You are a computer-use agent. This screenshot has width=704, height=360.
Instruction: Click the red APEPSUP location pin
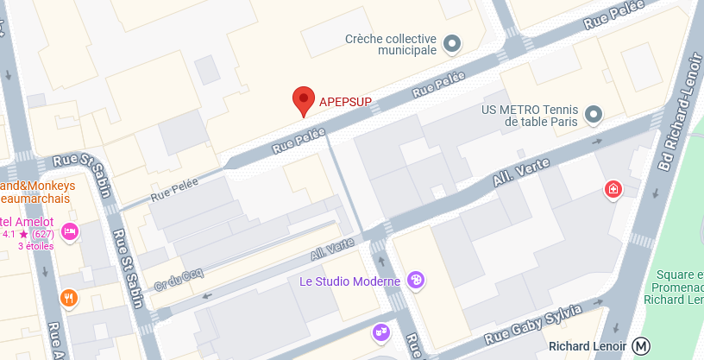click(x=303, y=100)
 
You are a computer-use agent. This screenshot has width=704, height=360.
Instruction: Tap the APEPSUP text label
click(x=346, y=102)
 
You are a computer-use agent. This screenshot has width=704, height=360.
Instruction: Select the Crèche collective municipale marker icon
click(x=451, y=43)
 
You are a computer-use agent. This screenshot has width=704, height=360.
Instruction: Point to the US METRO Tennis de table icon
click(x=593, y=114)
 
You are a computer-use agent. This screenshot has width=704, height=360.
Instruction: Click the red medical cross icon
click(x=613, y=188)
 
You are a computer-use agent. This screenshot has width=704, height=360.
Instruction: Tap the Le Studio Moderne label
click(x=349, y=281)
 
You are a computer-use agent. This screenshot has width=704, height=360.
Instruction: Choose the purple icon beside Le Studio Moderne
click(x=417, y=279)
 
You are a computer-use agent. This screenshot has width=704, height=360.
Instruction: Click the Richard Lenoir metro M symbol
click(x=641, y=346)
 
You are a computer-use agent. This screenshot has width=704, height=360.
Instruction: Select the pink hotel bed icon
click(x=71, y=231)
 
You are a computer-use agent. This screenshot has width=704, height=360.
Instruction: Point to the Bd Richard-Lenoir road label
click(x=676, y=112)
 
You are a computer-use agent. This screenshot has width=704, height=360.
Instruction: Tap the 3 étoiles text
click(x=35, y=246)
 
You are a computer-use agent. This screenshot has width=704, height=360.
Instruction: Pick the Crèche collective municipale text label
click(x=390, y=44)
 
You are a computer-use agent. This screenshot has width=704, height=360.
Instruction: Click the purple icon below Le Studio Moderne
click(x=380, y=332)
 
